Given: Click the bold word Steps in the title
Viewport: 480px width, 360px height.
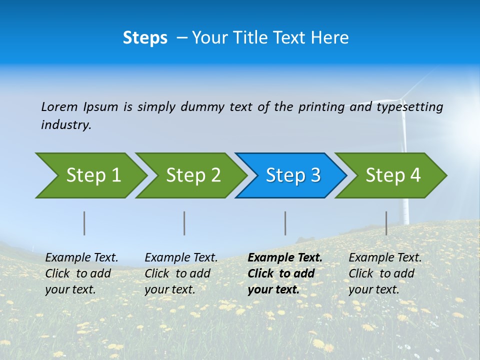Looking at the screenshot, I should pos(145,38).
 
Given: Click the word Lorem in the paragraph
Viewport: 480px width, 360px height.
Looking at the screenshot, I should pos(59,106).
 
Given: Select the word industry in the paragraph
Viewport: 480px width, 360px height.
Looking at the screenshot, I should pos(66,125).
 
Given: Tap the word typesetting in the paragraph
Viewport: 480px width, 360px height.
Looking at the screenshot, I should pos(409,107).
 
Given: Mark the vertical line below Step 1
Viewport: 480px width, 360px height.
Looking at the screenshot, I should pos(84,223).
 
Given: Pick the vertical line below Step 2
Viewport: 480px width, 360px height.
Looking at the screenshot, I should pos(184,223).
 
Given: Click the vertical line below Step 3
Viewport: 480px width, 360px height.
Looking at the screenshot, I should pos(285,223).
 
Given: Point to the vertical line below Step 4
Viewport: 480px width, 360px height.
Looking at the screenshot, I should pos(386,223).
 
